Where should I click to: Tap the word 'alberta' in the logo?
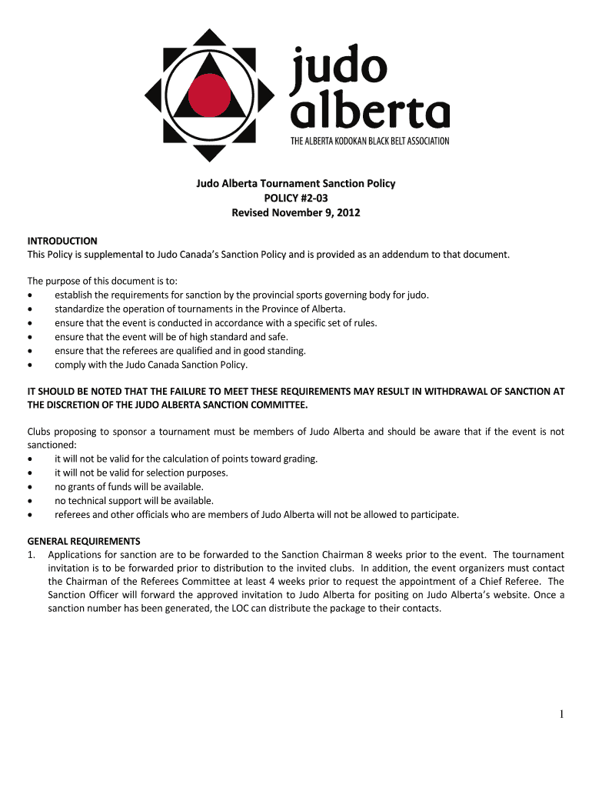coord(369,112)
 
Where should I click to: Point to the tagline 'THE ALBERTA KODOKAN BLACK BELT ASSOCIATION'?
coord(369,141)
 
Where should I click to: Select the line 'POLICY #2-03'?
coord(296,198)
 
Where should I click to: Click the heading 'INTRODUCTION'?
coord(62,241)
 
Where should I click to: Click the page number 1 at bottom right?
coord(562,715)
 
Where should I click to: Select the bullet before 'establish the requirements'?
coord(30,295)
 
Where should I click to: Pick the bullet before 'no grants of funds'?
coord(30,487)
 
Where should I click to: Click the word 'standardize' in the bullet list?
coord(81,309)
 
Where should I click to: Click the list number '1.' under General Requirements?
coord(32,554)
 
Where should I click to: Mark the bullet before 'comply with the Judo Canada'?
coord(30,365)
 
